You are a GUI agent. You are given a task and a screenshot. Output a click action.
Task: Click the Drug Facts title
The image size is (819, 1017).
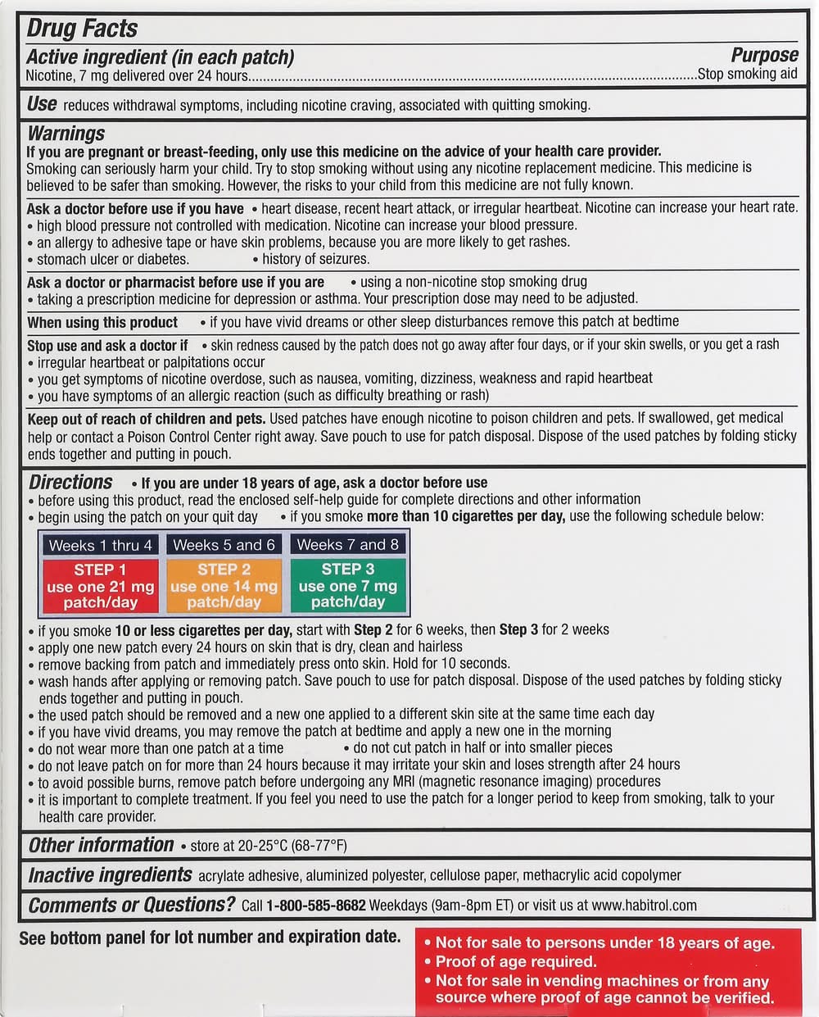point(82,28)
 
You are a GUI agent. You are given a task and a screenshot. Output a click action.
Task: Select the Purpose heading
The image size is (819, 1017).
point(764,55)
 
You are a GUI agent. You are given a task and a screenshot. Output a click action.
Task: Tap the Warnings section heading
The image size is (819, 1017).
point(66,134)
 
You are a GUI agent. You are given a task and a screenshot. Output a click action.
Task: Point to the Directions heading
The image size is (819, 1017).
point(70,482)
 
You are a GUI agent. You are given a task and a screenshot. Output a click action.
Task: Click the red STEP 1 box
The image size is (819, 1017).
point(100,585)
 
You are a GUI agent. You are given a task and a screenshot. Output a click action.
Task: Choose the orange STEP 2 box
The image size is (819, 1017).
point(224,585)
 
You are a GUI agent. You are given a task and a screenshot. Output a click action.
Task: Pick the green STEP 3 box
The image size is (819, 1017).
point(347,585)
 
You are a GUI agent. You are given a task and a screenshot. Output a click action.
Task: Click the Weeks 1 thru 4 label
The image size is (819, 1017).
point(100,545)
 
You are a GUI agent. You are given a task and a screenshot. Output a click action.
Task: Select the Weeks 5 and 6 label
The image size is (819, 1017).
point(224,545)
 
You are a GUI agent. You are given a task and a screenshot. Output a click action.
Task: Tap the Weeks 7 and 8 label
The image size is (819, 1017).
point(347,545)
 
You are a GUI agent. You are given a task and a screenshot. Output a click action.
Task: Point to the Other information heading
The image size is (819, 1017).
point(101,845)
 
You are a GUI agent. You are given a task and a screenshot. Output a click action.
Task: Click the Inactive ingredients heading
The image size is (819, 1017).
point(110,875)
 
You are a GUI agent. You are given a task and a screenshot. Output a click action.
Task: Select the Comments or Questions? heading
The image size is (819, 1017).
point(131,905)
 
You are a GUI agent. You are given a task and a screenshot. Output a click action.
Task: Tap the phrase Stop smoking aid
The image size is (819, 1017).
point(748,74)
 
